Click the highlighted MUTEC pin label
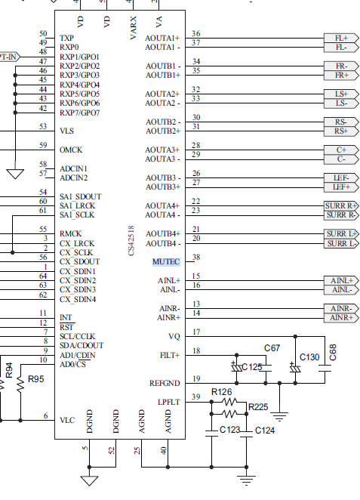pyautogui.click(x=166, y=262)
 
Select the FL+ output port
pyautogui.click(x=341, y=38)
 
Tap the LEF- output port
pyautogui.click(x=341, y=178)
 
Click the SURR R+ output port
pyautogui.click(x=341, y=206)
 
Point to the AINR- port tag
pyautogui.click(x=341, y=309)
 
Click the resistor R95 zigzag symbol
pyautogui.click(x=20, y=383)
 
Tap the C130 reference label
pyautogui.click(x=309, y=357)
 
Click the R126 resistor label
pyautogui.click(x=221, y=392)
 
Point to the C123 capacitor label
pyautogui.click(x=229, y=430)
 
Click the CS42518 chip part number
pyautogui.click(x=131, y=241)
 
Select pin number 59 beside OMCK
pyautogui.click(x=43, y=146)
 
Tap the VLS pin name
pyautogui.click(x=66, y=131)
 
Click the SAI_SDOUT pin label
pyautogui.click(x=80, y=196)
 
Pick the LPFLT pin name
pyautogui.click(x=169, y=402)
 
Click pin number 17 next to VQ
pyautogui.click(x=196, y=332)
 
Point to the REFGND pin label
pyautogui.click(x=165, y=383)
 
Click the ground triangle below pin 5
pyautogui.click(x=89, y=480)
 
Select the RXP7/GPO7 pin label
pyautogui.click(x=80, y=113)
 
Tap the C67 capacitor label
pyautogui.click(x=272, y=348)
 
